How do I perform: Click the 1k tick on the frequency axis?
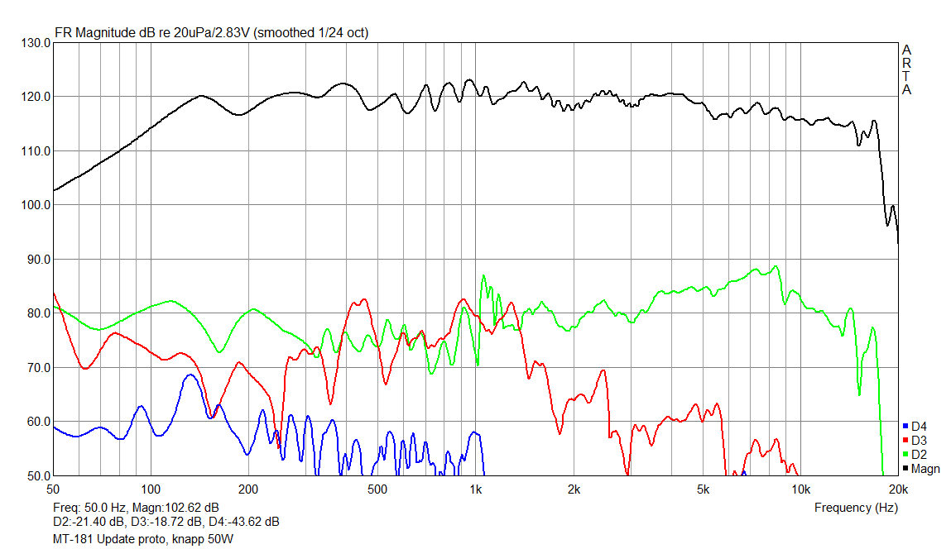pos(475,489)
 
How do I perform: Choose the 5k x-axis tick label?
pos(703,489)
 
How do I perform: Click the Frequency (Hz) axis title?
pos(856,507)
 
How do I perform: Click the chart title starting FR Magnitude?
pos(211,33)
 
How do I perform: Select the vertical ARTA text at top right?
pos(907,69)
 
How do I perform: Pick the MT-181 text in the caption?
pos(70,538)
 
